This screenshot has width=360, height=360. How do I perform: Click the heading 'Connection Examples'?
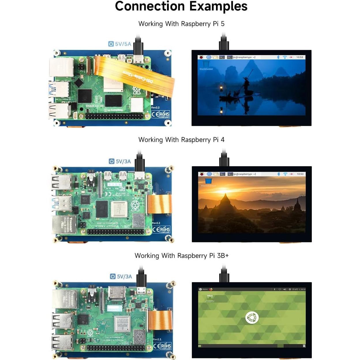click(181, 6)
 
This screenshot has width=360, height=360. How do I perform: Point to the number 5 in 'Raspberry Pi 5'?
click(223, 24)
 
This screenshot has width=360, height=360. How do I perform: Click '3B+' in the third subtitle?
click(223, 256)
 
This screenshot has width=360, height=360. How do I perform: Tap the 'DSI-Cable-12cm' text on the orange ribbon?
click(138, 77)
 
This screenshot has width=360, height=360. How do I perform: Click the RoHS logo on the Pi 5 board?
click(164, 115)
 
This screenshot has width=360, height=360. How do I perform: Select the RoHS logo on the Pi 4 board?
click(165, 230)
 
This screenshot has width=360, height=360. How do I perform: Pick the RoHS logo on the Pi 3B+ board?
click(166, 346)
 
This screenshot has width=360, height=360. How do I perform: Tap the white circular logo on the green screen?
click(252, 318)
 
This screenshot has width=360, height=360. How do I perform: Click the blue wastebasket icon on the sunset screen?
click(208, 181)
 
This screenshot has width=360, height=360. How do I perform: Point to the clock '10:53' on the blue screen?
click(300, 57)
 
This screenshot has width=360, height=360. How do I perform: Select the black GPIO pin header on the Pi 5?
click(114, 116)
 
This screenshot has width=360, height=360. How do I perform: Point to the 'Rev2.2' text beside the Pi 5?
click(155, 108)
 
